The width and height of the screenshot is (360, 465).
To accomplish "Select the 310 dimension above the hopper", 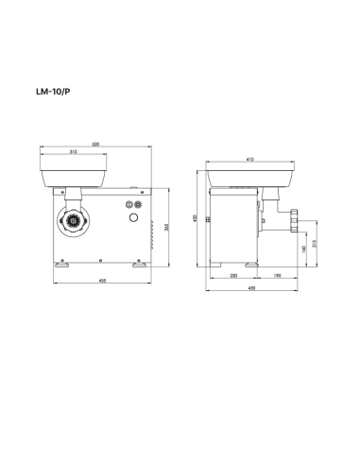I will tap(73, 153).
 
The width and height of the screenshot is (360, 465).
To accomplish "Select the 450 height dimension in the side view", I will tap(196, 219).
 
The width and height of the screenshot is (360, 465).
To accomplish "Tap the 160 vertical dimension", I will tap(303, 249).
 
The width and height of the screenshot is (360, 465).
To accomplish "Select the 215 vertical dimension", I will tap(315, 243).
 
